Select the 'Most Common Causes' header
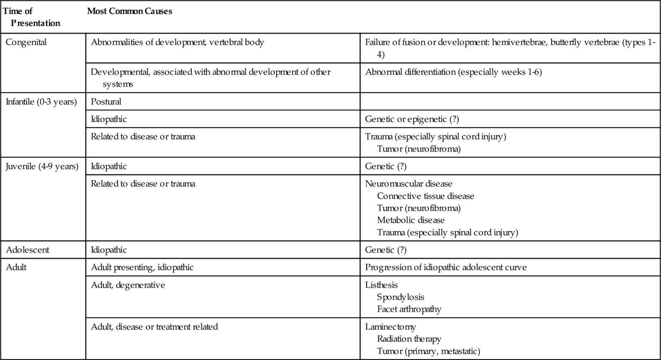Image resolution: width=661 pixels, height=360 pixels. point(129,11)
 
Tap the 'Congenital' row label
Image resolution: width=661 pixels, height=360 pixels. point(26,42)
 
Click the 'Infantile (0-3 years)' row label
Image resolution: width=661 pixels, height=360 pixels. point(41,102)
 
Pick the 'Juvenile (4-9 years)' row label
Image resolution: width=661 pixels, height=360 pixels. point(42,166)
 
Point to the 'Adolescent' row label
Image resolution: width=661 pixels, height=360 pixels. point(27,250)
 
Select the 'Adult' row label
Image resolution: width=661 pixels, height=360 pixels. point(16,267)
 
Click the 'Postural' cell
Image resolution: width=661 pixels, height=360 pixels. point(106,102)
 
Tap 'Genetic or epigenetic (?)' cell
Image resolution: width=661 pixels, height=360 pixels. point(412,119)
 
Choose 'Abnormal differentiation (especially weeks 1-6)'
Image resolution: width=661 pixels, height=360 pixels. point(453,72)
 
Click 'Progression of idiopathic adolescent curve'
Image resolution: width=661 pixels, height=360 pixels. point(446,267)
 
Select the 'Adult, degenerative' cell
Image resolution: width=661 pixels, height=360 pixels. point(128,285)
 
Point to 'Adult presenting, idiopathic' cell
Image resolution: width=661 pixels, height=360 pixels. point(142,267)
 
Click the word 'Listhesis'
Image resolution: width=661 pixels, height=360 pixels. point(381,285)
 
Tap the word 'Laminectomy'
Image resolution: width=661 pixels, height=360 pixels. point(390,327)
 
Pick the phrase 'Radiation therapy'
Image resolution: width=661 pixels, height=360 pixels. point(409,339)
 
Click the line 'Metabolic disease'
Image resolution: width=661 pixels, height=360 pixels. point(411,220)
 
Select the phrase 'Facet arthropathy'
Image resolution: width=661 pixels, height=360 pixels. point(409,309)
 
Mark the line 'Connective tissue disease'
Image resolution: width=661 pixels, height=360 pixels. point(425,196)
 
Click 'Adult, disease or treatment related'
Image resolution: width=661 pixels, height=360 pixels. point(154,327)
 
